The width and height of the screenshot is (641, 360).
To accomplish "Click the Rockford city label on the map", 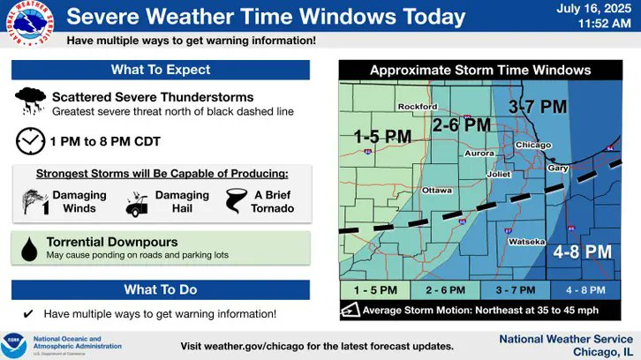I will point(417,107).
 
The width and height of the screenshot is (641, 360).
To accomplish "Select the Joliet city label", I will point(498,174).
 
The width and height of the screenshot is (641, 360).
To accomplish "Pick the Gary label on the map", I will point(558,167).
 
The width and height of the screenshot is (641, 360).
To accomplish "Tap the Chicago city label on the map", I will point(533,145).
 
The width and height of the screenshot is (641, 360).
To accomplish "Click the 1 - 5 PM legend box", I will point(374,289).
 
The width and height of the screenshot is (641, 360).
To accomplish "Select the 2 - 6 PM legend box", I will point(444,289).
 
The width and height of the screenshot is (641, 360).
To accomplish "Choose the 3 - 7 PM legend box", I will point(515,289).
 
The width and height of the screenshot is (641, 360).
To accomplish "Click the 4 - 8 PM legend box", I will point(585,289).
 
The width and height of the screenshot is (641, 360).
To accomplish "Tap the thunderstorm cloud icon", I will point(31,100).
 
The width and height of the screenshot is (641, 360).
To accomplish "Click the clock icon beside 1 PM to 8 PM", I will point(30,140).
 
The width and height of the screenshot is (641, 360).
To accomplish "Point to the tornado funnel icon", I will point(238,201).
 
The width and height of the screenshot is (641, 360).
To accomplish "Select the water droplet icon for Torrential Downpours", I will point(30,248).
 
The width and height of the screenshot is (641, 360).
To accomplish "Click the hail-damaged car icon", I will point(137,202).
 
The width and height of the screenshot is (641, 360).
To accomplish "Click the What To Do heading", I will point(161,289).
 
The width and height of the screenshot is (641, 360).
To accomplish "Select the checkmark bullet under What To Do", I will point(28,313).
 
